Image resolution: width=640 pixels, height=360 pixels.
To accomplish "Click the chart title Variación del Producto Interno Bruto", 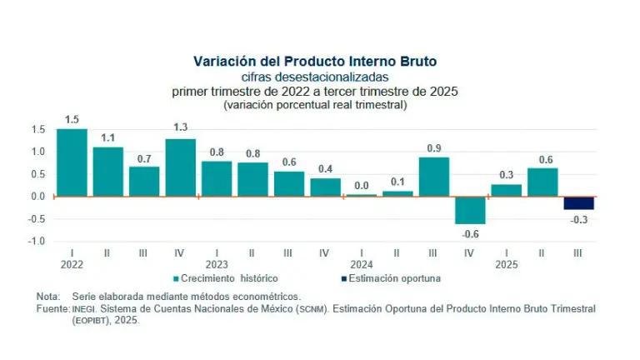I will [315, 62].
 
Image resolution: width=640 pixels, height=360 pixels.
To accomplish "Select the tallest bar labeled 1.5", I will [72, 162].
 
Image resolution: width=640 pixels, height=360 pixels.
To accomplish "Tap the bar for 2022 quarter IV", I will [181, 167].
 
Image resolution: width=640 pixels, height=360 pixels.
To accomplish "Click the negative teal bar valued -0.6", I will [470, 210].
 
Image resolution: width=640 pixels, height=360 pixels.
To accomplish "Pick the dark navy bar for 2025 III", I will [579, 203].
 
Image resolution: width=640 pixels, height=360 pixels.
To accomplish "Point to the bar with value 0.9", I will [433, 177].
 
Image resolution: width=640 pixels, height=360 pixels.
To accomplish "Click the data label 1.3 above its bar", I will [181, 127].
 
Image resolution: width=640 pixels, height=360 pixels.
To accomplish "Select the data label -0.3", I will [579, 219].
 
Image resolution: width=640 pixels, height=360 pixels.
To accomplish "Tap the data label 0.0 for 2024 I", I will [361, 186].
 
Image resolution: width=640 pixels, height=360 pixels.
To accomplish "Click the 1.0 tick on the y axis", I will [38, 152].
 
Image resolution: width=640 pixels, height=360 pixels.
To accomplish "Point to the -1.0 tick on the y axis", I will [37, 242].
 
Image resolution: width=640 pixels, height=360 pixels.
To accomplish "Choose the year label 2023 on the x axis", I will [216, 262].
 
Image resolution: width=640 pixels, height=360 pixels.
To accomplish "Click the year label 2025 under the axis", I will [505, 262].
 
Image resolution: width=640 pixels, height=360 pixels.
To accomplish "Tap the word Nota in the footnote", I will [48, 297].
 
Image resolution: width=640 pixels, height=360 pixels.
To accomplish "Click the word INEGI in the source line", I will [86, 308].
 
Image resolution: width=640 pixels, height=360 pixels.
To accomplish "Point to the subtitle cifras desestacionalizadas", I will [315, 77].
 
